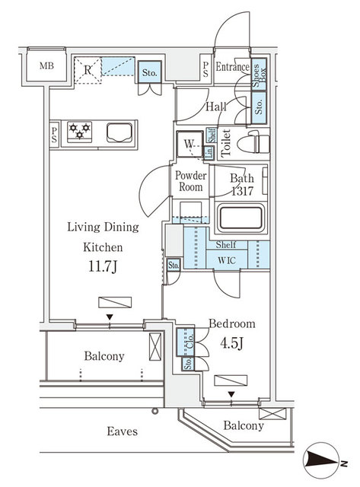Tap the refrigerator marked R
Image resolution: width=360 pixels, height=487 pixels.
click(x=89, y=71)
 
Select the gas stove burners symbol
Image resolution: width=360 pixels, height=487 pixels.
click(x=80, y=132)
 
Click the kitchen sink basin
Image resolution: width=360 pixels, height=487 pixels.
click(x=119, y=133)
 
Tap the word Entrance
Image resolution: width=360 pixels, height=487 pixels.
click(x=232, y=68)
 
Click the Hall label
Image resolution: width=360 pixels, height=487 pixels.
click(x=215, y=108)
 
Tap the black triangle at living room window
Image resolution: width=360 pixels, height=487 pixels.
click(x=110, y=317)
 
